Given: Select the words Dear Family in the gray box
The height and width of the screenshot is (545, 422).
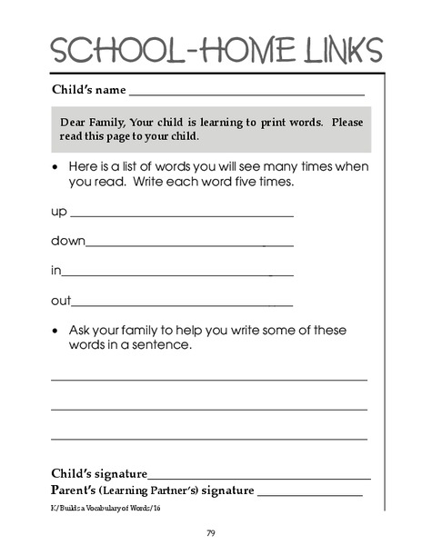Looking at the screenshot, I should click(94, 122).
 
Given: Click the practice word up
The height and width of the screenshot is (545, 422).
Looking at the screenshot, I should click(58, 212).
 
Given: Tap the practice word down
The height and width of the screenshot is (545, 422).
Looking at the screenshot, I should click(67, 241).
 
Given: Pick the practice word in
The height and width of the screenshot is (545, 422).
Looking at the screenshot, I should click(55, 271).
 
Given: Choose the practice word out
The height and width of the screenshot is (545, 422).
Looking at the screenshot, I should click(60, 301).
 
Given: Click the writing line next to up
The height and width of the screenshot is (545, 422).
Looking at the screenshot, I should click(182, 216).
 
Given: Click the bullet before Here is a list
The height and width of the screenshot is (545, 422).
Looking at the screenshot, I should click(56, 167).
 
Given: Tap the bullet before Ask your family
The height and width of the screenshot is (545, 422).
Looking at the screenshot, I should click(56, 331).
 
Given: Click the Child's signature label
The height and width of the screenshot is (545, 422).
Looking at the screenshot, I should click(98, 474).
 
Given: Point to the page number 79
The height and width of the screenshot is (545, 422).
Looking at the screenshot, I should click(210, 532).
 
